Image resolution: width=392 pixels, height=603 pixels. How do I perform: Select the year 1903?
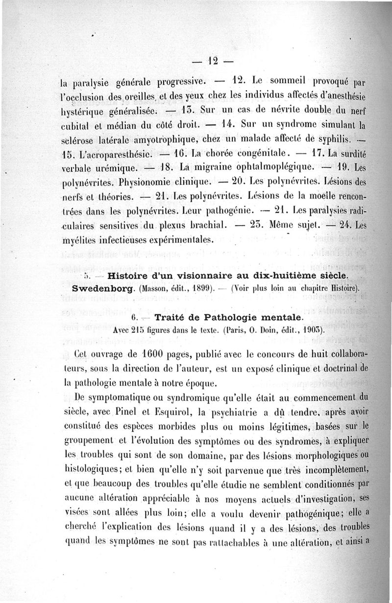click(313, 330)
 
